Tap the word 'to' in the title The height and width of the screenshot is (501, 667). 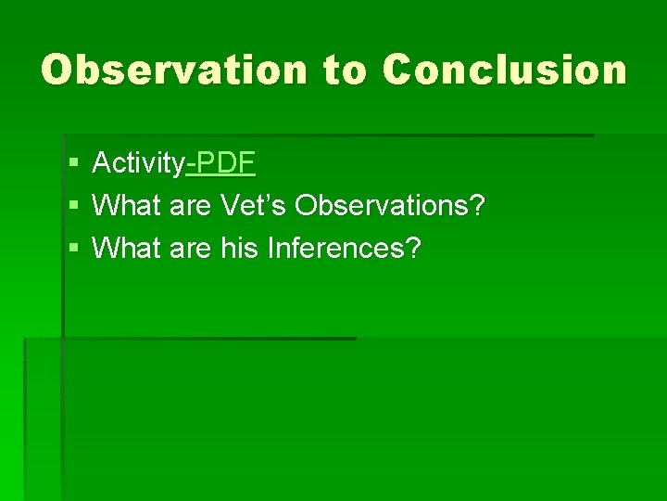coord(346,71)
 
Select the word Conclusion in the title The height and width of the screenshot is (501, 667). coord(505,70)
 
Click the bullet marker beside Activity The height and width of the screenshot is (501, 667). coord(73,165)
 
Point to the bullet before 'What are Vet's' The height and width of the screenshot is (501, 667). coord(73,206)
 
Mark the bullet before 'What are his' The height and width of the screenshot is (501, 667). coord(73,248)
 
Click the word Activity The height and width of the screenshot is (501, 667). coord(139,164)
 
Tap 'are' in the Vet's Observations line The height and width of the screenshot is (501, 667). coord(191,205)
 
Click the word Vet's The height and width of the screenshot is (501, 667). coord(254,205)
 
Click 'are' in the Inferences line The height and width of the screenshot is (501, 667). coord(191,247)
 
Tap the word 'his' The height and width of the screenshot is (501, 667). coord(239,247)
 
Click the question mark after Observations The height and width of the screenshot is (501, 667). coord(477,205)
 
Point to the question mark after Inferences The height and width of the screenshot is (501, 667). coord(411,247)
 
